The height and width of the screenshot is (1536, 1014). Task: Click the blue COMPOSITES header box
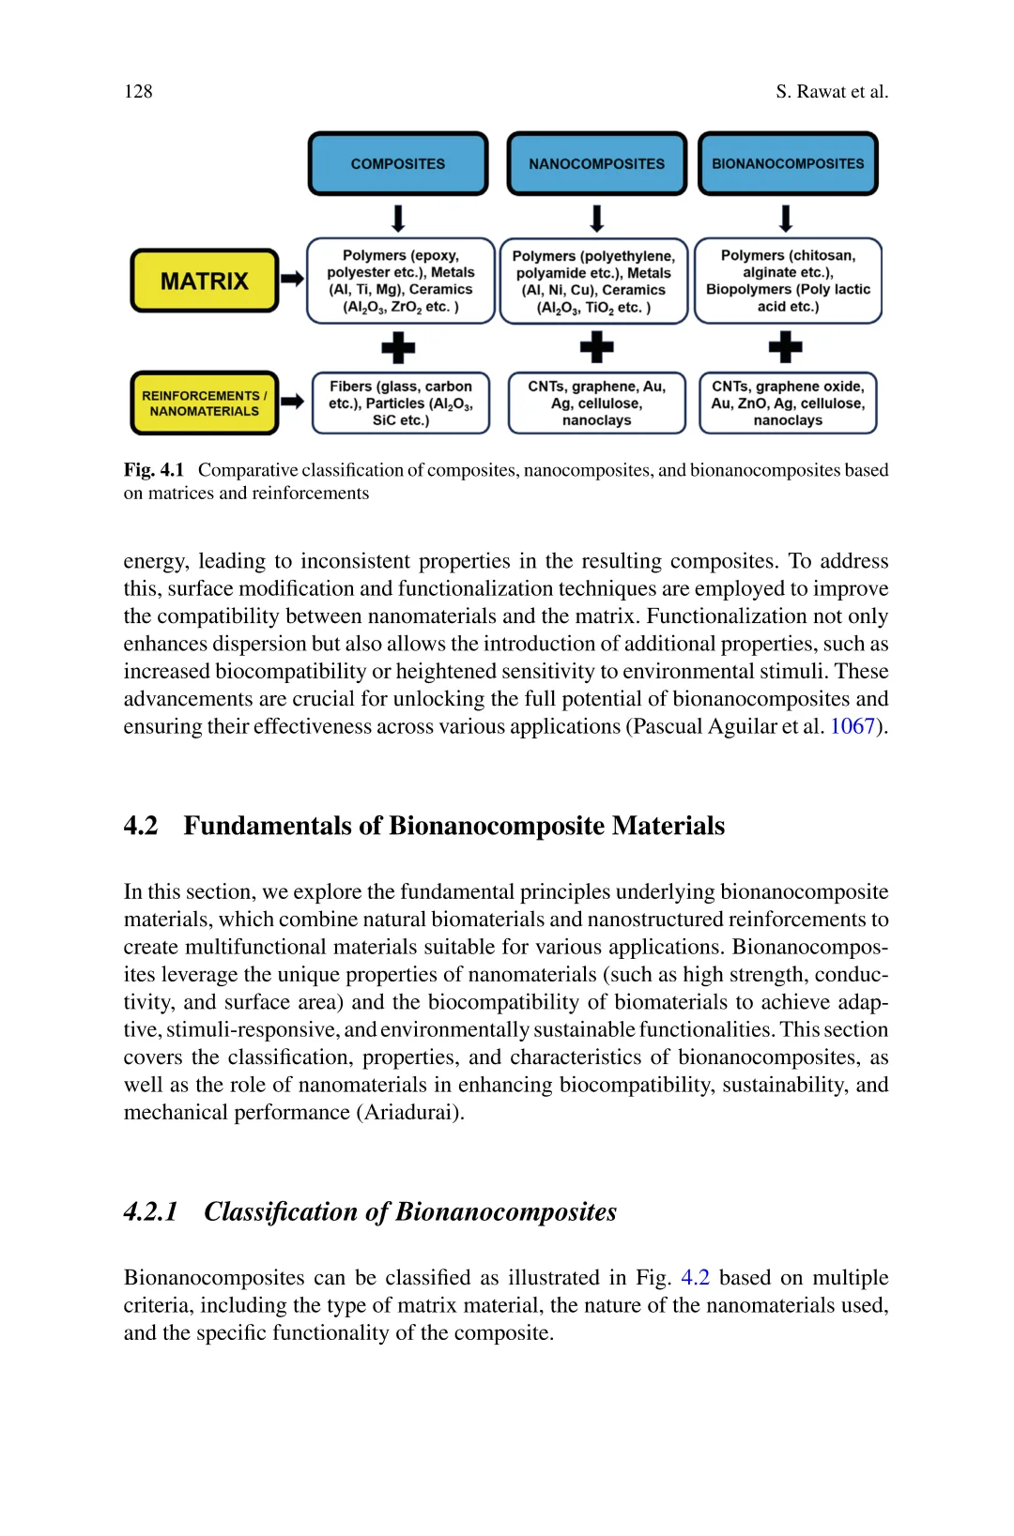click(398, 164)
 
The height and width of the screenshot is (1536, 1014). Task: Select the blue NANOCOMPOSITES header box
click(596, 164)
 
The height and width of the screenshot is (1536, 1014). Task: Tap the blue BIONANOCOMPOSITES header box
click(788, 164)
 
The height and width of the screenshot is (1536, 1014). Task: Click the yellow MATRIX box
click(205, 281)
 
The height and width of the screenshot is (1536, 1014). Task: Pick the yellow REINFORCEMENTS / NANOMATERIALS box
click(205, 403)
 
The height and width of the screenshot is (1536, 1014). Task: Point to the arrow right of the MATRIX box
click(293, 279)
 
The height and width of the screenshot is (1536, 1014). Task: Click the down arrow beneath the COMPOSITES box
click(398, 219)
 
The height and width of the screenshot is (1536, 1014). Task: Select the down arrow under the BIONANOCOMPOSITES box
click(786, 219)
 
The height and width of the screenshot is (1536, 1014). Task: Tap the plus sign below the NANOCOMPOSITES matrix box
click(596, 348)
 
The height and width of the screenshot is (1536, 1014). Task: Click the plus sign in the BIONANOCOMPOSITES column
click(786, 348)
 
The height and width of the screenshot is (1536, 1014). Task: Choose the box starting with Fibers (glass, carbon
click(401, 403)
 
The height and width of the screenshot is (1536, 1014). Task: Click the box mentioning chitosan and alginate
click(788, 281)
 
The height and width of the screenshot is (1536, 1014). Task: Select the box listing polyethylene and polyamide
click(593, 281)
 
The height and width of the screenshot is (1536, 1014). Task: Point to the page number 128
click(138, 91)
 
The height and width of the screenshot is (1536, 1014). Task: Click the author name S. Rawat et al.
click(832, 91)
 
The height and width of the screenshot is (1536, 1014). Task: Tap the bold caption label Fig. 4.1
click(154, 470)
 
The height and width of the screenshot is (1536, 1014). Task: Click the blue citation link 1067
click(853, 726)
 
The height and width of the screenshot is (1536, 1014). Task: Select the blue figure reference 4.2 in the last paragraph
click(695, 1278)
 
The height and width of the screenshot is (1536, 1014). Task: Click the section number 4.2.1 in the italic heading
click(150, 1212)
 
